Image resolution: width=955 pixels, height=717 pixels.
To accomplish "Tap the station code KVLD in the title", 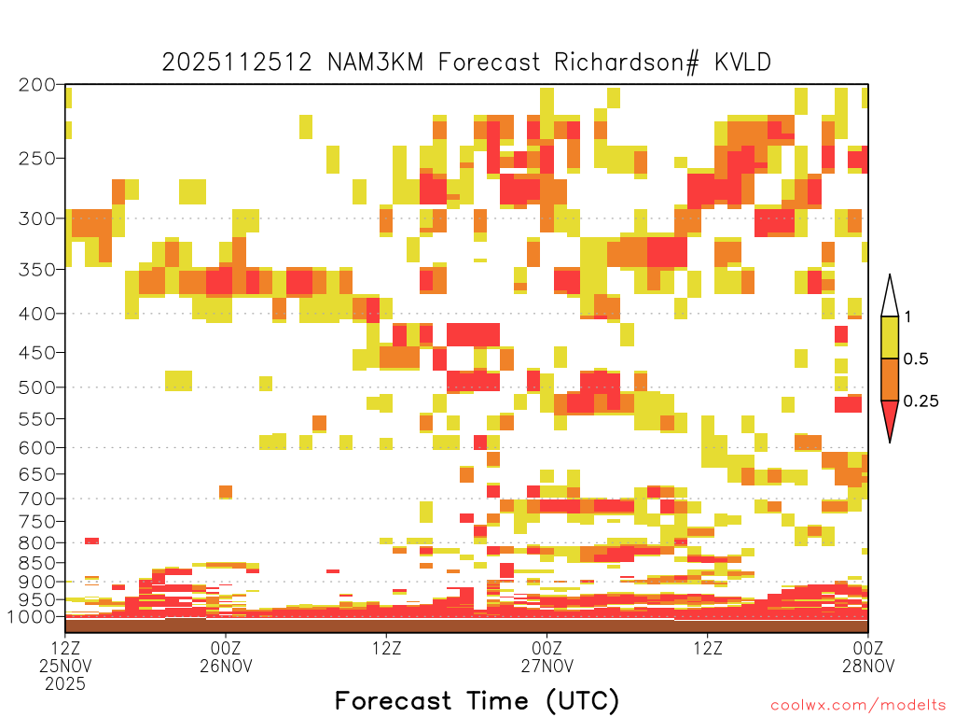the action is click(x=742, y=63).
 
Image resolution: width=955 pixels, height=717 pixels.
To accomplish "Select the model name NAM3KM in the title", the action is click(x=375, y=63).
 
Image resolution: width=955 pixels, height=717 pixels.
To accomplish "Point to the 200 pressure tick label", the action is click(x=37, y=85).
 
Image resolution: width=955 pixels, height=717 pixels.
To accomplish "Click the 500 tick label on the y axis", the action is click(x=37, y=387).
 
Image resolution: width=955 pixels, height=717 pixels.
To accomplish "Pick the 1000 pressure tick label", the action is click(x=33, y=617).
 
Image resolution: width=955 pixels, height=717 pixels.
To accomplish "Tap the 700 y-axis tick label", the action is click(x=37, y=499).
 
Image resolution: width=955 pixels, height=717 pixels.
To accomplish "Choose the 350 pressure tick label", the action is click(x=37, y=270).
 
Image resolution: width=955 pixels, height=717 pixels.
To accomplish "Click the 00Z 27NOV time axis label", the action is click(x=547, y=656).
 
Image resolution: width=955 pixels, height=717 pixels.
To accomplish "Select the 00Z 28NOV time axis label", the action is click(x=868, y=656).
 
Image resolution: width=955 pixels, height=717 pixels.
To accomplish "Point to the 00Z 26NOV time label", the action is click(x=226, y=656).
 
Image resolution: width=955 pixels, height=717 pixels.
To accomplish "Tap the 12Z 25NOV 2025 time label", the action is click(x=65, y=666).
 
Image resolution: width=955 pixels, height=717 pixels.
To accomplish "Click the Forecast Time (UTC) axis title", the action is click(x=477, y=700).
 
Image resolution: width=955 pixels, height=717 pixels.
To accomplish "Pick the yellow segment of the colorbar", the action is click(x=890, y=337).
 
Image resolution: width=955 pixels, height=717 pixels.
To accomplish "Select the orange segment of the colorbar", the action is click(x=890, y=379).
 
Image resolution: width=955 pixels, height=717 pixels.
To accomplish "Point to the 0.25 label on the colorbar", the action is click(x=920, y=401).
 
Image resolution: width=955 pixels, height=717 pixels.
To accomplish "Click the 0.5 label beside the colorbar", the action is click(x=916, y=359).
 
